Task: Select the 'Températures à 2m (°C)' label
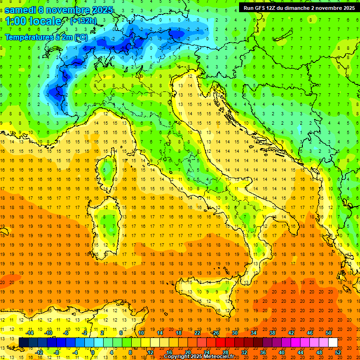click(46, 37)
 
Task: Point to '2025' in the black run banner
click(346, 8)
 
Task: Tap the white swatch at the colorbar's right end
click(333, 342)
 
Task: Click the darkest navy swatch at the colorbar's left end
click(23, 342)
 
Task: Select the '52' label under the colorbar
click(338, 352)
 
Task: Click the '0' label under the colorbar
click(93, 352)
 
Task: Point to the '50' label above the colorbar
click(329, 333)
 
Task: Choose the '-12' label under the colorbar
click(39, 352)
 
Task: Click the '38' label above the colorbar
click(272, 333)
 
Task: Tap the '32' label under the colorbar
click(244, 352)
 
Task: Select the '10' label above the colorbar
click(141, 333)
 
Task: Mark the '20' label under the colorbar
click(187, 352)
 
